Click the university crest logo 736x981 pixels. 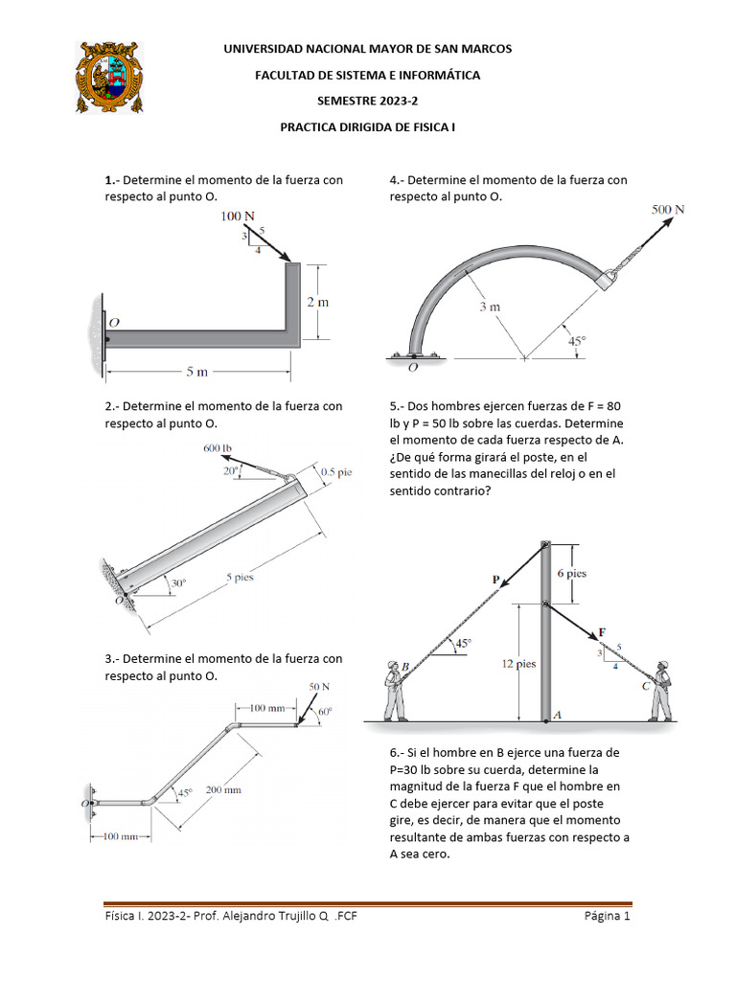tap(109, 77)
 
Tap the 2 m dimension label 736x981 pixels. tap(317, 302)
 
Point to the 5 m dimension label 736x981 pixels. tap(196, 373)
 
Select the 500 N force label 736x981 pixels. tap(669, 209)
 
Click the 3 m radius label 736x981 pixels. tap(490, 307)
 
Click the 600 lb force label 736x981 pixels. tap(218, 447)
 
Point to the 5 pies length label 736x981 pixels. tap(241, 578)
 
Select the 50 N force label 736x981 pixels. tap(319, 687)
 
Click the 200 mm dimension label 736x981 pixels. tap(223, 790)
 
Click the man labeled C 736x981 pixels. tap(660, 689)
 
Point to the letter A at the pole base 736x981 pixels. tap(557, 715)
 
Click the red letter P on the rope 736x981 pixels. tap(495, 579)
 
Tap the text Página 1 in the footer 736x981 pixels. tap(607, 917)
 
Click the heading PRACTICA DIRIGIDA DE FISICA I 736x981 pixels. tap(368, 125)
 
